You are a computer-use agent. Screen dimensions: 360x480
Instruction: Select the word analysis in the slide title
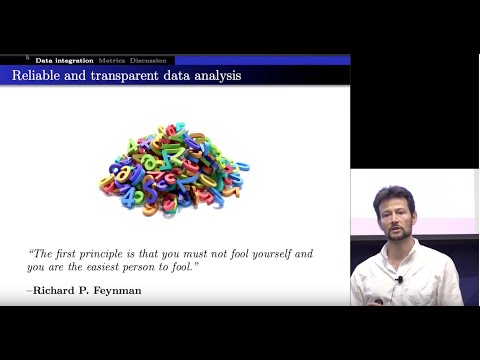[215, 75]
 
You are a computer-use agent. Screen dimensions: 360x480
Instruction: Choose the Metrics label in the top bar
[111, 60]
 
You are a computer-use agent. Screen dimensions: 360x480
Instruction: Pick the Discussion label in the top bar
[148, 60]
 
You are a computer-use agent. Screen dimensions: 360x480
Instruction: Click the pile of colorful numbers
[174, 169]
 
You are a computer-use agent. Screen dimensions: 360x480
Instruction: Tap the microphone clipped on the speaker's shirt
[398, 280]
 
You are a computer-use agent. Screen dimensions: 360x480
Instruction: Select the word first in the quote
[67, 254]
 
